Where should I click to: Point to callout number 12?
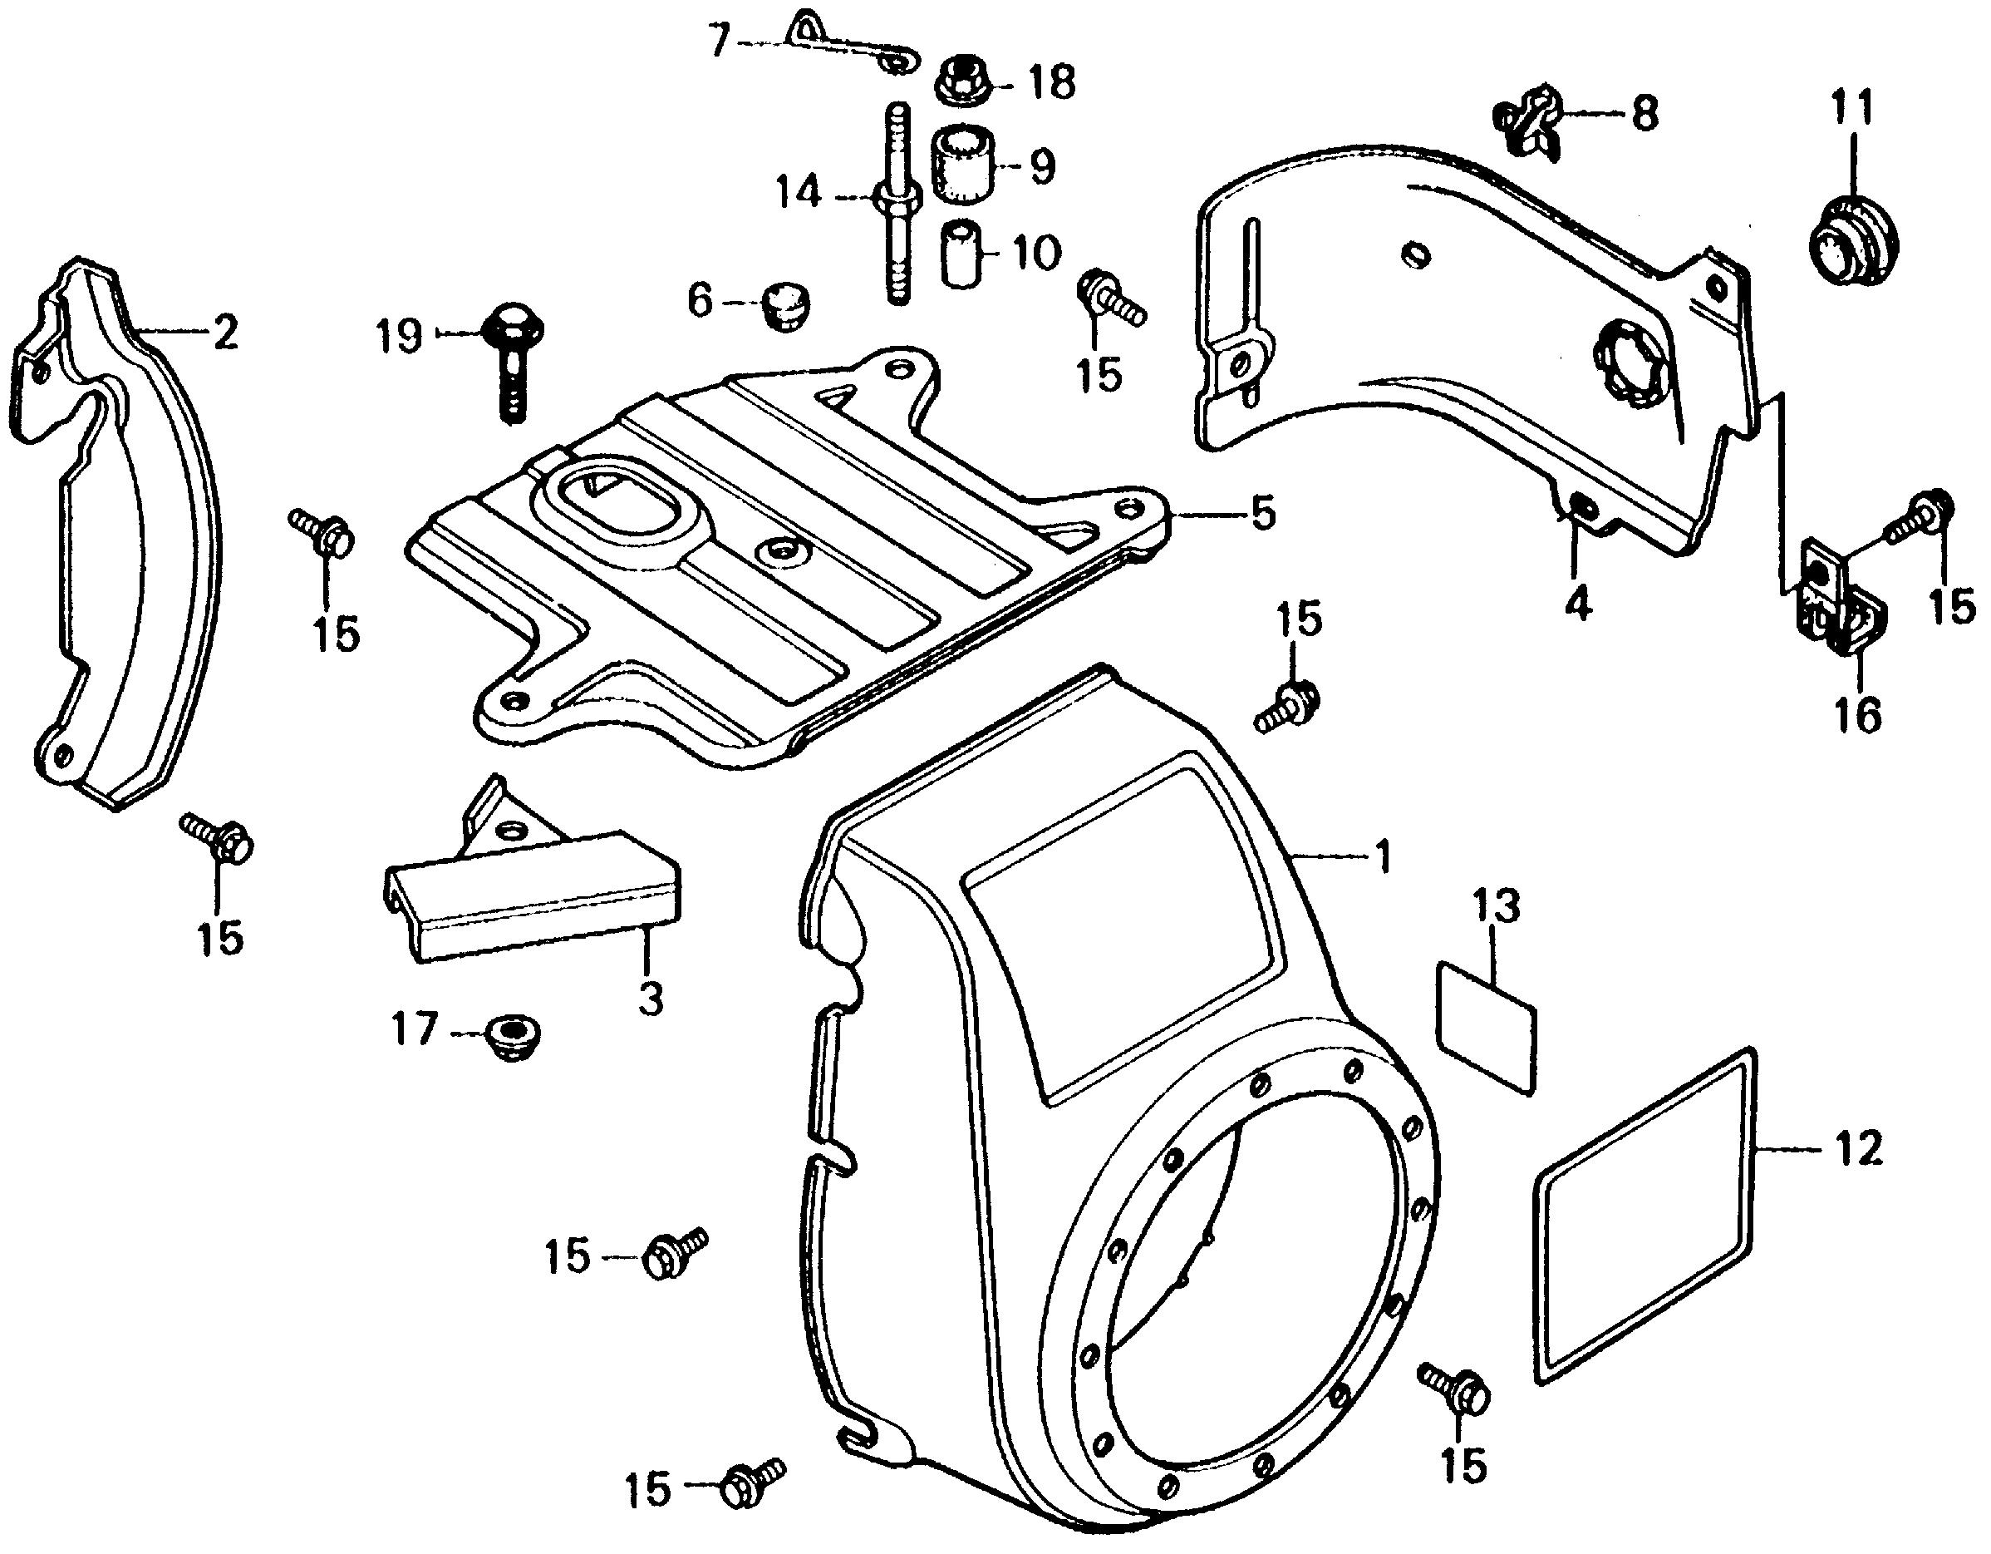point(1859,1149)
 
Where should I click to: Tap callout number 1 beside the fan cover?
point(1382,857)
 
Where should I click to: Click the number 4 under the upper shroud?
point(1578,604)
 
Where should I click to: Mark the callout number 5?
point(1261,516)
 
